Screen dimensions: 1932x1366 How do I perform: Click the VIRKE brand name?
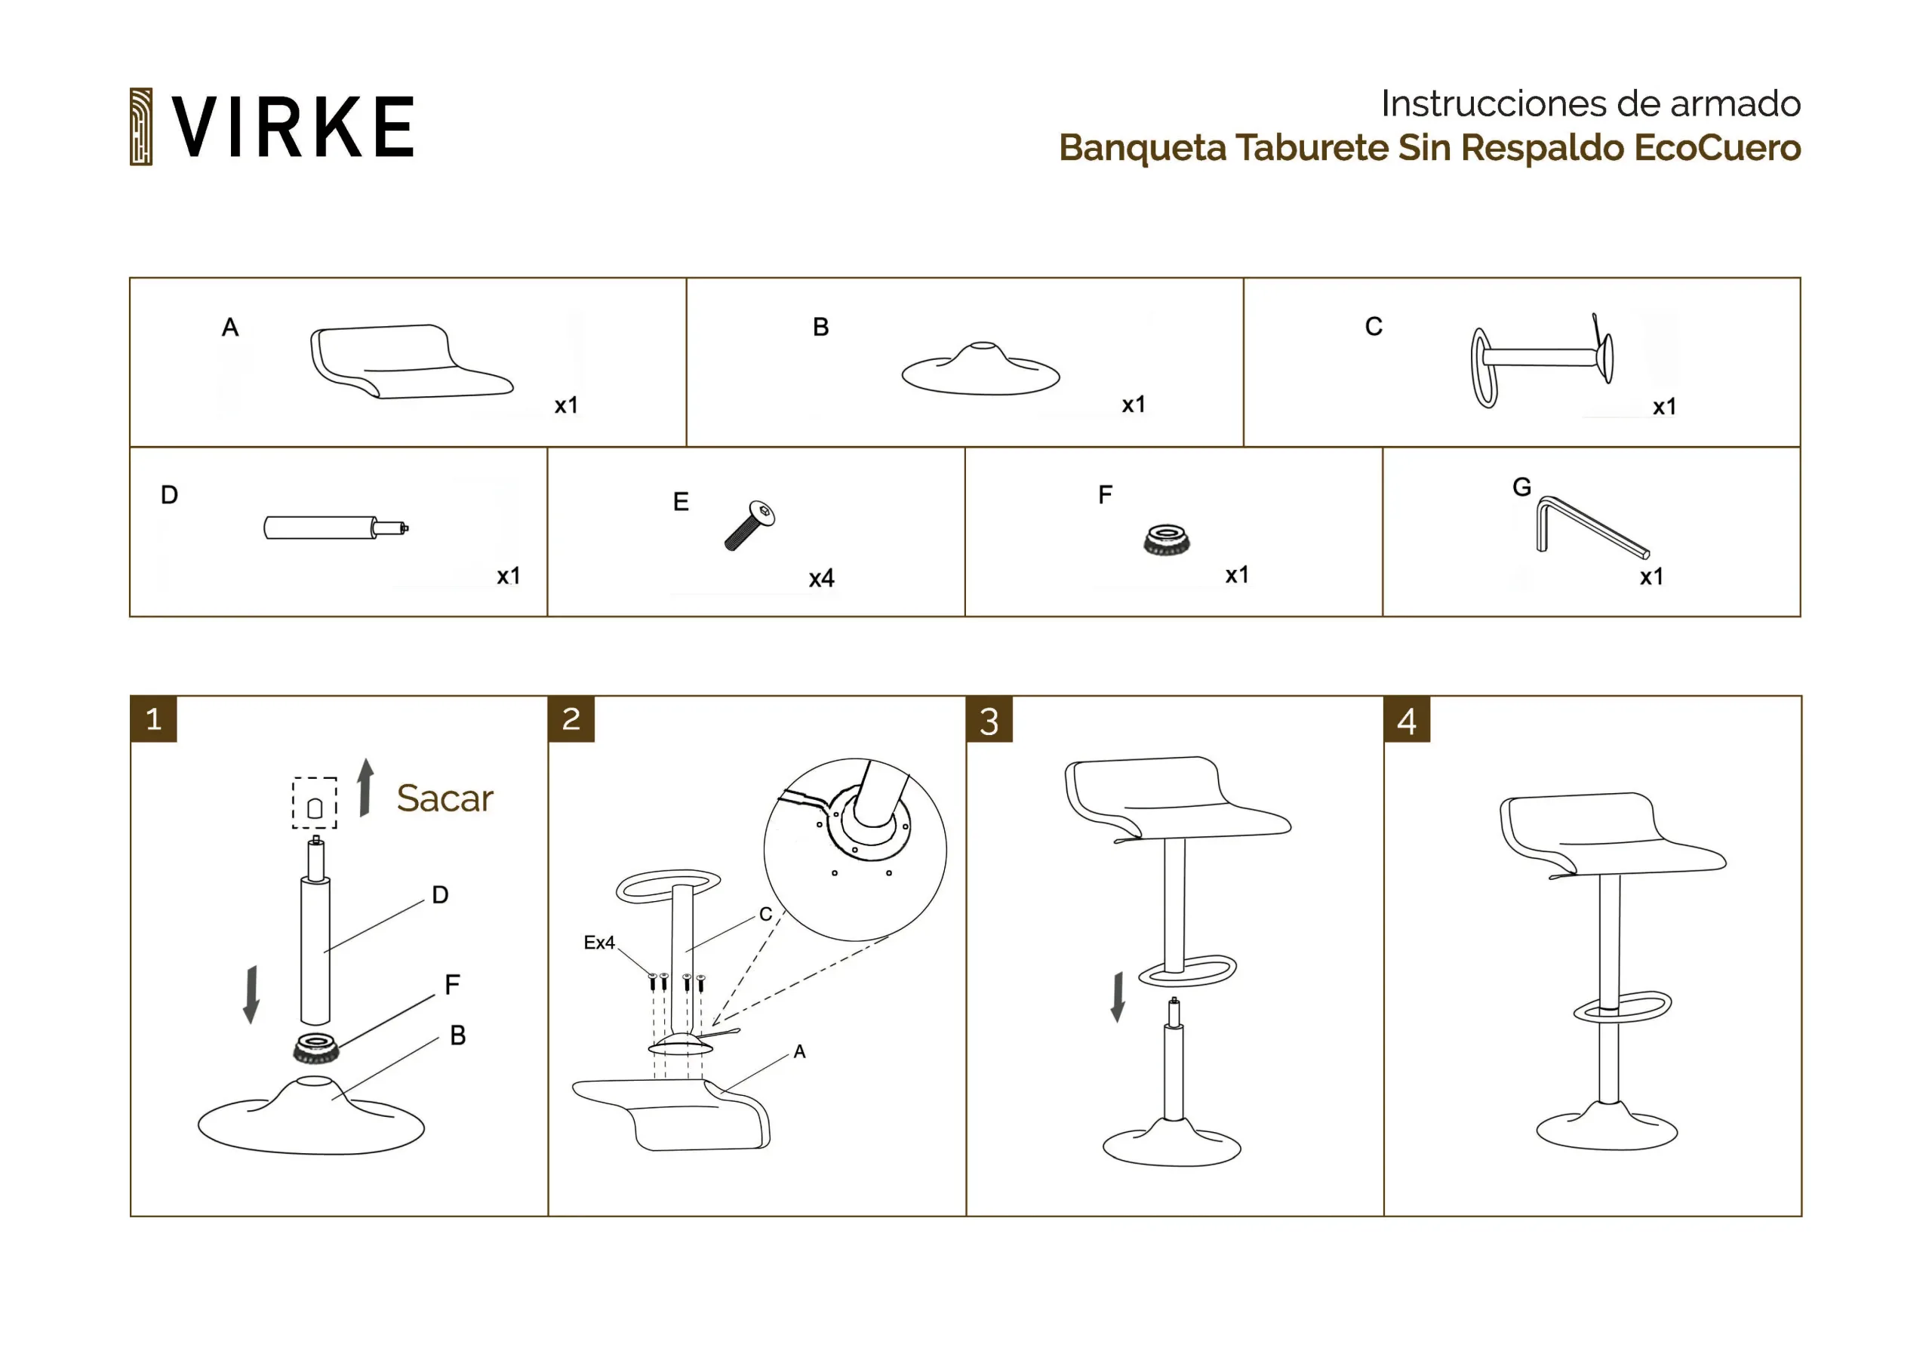292,126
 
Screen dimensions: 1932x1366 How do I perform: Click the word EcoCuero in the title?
1717,148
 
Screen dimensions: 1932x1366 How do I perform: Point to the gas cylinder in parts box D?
336,528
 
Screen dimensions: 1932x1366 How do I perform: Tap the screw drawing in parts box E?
749,525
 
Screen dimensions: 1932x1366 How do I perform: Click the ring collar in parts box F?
1166,540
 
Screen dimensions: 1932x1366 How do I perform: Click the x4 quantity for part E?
821,578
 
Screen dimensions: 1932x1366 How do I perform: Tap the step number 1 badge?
154,718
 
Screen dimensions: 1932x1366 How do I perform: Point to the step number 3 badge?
989,720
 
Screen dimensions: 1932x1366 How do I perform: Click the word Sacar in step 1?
445,798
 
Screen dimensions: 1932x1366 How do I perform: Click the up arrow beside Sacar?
365,788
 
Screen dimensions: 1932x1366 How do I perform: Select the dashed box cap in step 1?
315,803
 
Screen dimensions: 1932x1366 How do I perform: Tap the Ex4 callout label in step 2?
599,943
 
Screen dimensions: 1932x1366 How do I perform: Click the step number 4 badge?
1407,720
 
